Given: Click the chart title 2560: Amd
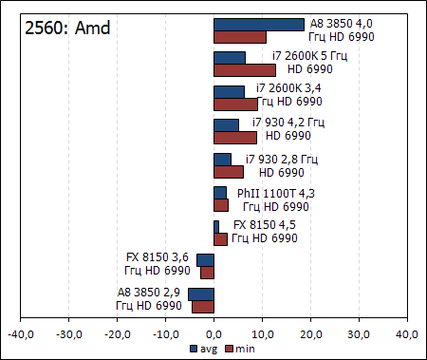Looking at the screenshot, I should tap(66, 28).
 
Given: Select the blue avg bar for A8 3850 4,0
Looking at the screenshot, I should tap(259, 25).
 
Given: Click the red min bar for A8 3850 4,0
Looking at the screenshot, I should tap(240, 37).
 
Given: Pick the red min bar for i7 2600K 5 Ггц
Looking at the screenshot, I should tap(245, 70).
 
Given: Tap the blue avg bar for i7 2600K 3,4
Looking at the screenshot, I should tap(230, 91).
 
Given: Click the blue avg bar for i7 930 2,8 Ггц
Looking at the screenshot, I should tap(223, 159).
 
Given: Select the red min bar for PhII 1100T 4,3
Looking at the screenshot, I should tap(221, 205).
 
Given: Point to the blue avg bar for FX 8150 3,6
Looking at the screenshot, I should tap(205, 259).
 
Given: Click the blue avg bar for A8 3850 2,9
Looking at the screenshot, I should tap(201, 294).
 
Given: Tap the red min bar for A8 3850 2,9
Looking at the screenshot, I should tap(203, 306).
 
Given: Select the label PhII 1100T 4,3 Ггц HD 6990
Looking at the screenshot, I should tap(276, 199).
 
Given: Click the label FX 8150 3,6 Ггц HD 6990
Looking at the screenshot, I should tap(158, 264).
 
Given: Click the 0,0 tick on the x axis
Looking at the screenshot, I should tap(214, 334).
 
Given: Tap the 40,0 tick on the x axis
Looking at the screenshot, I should tap(407, 334).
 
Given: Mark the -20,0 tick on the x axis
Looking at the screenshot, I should tap(117, 334).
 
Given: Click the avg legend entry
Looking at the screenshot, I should tap(202, 349).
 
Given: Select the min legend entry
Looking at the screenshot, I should tap(238, 349).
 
